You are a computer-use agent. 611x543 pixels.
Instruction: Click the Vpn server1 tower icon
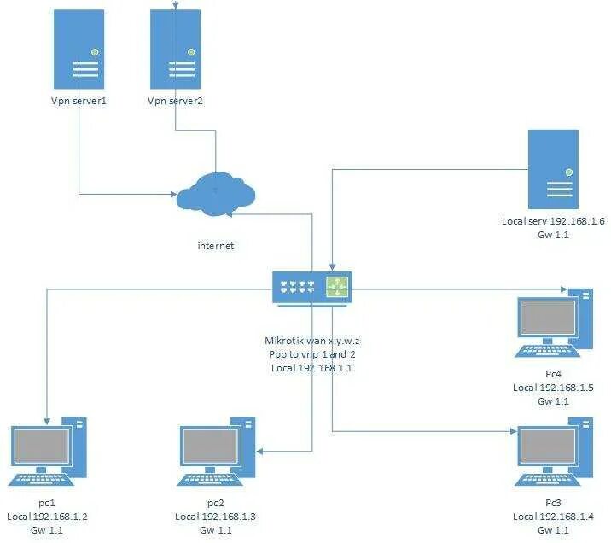click(80, 49)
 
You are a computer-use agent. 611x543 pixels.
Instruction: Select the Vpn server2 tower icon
click(176, 49)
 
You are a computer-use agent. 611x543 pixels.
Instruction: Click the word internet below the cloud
click(215, 246)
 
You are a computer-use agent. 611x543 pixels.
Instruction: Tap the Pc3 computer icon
click(555, 451)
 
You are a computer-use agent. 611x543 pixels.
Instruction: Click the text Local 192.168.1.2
click(48, 517)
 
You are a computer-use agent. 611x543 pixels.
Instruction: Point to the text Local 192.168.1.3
click(215, 517)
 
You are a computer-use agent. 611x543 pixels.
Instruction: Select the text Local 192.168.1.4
click(553, 517)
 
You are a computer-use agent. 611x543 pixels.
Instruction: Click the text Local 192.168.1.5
click(553, 388)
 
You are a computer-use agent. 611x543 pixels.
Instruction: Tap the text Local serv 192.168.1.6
click(553, 221)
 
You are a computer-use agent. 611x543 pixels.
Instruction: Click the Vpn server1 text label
click(80, 101)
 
